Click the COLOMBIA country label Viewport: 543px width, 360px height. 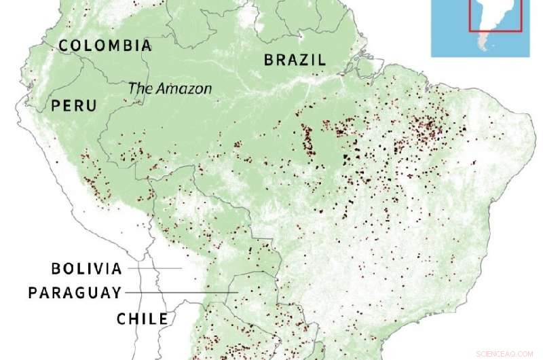click(x=105, y=46)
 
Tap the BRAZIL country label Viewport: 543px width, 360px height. click(x=295, y=60)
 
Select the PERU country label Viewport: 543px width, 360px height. click(x=73, y=106)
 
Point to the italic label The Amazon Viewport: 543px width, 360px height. click(x=170, y=88)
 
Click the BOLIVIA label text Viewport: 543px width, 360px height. click(x=87, y=269)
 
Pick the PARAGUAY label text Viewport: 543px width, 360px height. click(x=75, y=293)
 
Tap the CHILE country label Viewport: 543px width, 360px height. click(x=142, y=318)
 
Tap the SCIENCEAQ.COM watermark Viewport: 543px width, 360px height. click(x=506, y=353)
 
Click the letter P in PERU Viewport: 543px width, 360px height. click(x=56, y=106)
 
